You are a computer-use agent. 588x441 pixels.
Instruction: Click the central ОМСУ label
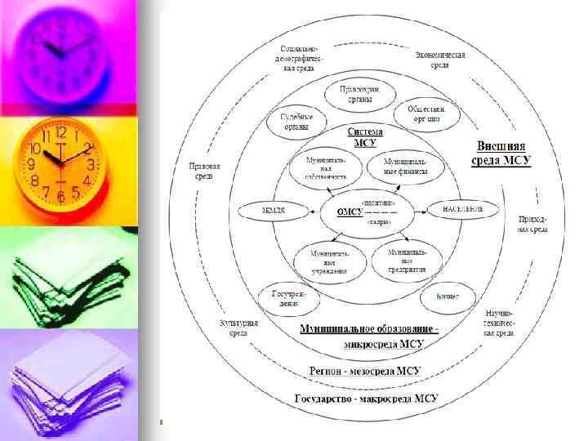pyautogui.click(x=351, y=212)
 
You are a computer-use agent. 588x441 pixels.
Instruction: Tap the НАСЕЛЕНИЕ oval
pyautogui.click(x=463, y=210)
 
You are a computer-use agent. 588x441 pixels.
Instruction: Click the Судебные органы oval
pyautogui.click(x=292, y=122)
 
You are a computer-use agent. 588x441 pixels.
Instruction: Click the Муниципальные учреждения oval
pyautogui.click(x=329, y=259)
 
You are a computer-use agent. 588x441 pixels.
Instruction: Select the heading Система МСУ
pyautogui.click(x=365, y=136)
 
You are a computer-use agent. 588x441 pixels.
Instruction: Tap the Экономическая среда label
pyautogui.click(x=440, y=59)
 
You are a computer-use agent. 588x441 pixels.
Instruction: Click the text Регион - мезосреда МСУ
pyautogui.click(x=365, y=371)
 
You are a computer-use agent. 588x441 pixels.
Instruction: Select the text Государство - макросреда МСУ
pyautogui.click(x=365, y=399)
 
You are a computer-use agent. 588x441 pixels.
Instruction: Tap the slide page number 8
pyautogui.click(x=162, y=421)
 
